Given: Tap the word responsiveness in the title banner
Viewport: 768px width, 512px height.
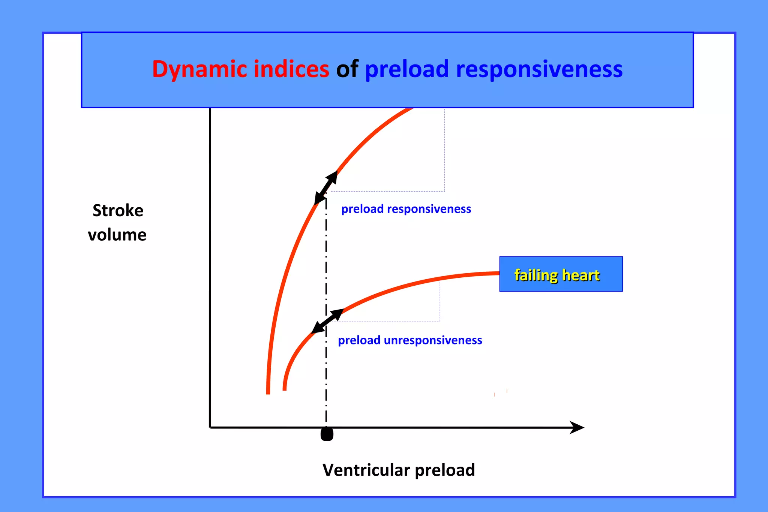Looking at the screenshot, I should point(539,70).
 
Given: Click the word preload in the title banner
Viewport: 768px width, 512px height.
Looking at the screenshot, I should point(406,70).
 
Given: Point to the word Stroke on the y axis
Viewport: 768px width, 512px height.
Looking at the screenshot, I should point(118,211).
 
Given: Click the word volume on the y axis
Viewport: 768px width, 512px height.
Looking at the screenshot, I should point(117,235).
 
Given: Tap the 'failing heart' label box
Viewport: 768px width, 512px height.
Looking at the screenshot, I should point(561,274).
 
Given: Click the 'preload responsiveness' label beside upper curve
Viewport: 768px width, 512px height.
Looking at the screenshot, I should point(406,209).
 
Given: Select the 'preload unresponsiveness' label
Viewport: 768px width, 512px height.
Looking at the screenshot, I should point(410,340).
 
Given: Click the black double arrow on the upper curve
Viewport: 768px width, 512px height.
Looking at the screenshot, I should point(326,187).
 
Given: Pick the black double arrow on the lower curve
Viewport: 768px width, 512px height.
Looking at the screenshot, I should point(327,321).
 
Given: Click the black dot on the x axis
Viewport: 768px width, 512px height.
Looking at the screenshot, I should point(327,434).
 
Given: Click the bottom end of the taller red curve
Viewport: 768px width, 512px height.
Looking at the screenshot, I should point(268,392).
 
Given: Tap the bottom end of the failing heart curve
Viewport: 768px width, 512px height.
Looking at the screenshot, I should point(285,389).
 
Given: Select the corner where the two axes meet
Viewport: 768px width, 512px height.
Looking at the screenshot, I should point(210,427).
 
